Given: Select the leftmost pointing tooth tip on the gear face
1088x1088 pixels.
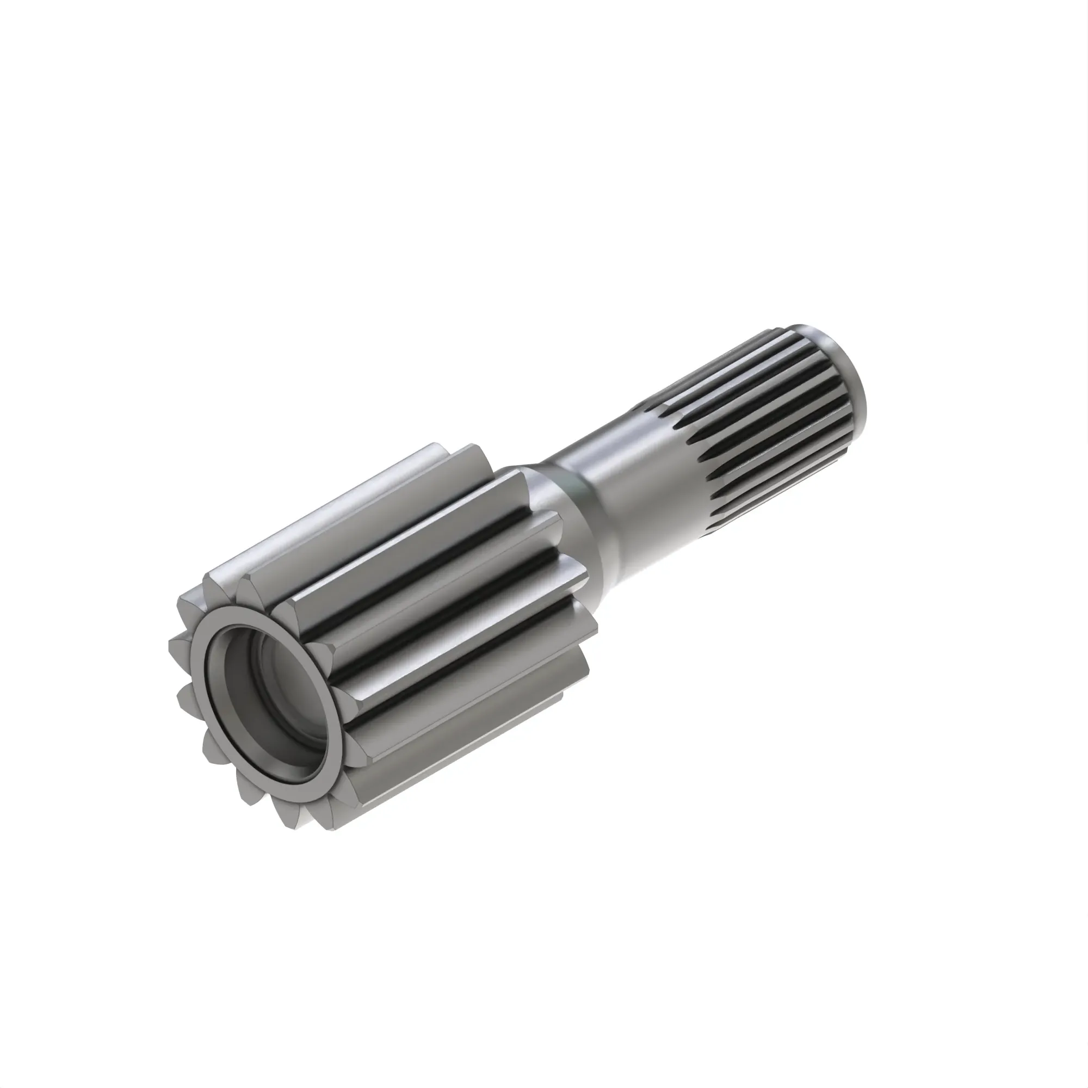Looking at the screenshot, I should pos(171,642).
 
